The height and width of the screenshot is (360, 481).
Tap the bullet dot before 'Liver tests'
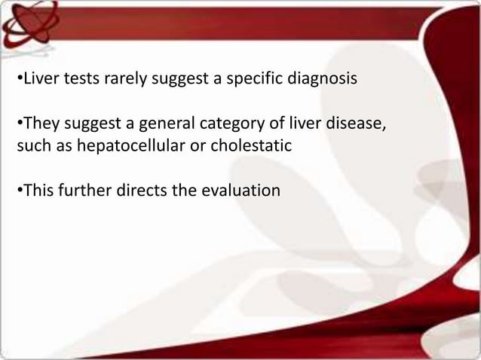click(20, 79)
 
